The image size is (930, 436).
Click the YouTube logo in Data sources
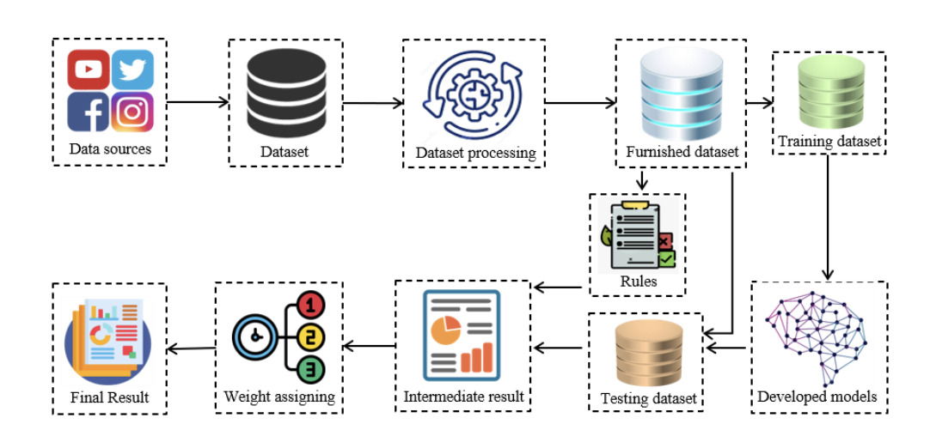(89, 70)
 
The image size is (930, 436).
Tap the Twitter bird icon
(132, 70)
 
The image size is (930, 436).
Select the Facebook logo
(89, 112)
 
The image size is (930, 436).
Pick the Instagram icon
(132, 112)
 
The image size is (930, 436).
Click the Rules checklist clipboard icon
(638, 235)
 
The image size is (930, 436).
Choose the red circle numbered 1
(312, 304)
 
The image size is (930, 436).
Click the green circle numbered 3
(312, 371)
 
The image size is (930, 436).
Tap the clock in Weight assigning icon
(254, 337)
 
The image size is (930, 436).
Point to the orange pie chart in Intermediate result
(445, 329)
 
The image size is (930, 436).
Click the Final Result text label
(110, 397)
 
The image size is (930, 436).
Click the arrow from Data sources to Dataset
(197, 102)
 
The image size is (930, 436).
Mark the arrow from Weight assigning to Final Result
(190, 348)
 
